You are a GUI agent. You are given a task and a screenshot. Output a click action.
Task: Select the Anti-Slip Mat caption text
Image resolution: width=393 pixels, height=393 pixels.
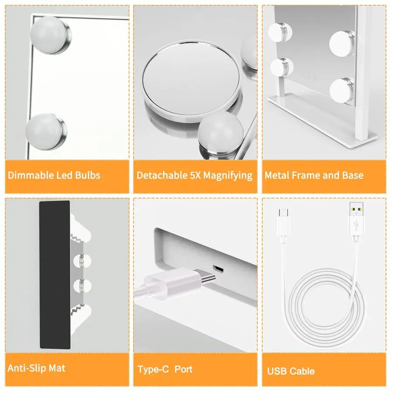(x=37, y=368)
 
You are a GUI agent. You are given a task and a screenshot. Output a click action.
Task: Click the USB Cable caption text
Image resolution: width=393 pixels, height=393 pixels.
(x=291, y=371)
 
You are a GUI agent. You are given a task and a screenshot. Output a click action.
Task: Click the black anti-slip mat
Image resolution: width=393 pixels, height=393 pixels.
(x=55, y=275)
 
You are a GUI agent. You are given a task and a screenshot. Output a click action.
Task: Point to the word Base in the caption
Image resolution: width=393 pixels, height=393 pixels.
(x=353, y=176)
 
